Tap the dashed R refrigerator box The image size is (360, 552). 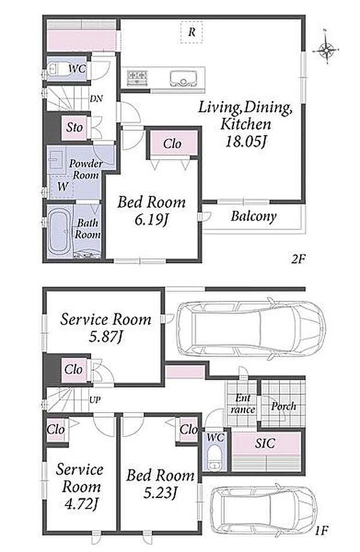(192, 32)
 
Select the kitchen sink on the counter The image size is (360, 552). (183, 78)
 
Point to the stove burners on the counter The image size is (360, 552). (137, 77)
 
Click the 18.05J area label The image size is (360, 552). (246, 142)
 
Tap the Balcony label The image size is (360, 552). (253, 216)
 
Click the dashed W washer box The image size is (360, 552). (62, 186)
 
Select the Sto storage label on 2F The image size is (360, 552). (75, 127)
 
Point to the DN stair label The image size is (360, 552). (96, 99)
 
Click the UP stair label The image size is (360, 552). (95, 399)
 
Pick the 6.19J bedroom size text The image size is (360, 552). (150, 221)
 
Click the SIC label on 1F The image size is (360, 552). (265, 443)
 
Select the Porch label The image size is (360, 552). (283, 406)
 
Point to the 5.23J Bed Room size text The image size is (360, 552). (160, 493)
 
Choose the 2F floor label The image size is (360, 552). (297, 259)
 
